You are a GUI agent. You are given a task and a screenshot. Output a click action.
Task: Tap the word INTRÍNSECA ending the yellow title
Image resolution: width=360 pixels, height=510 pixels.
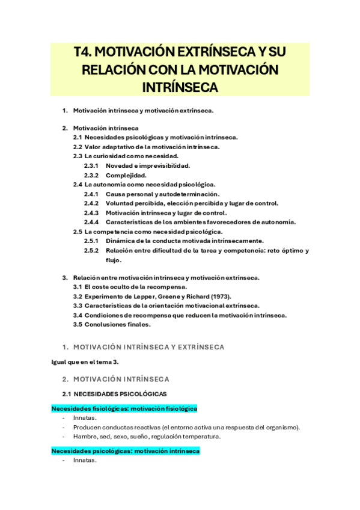[x=180, y=87]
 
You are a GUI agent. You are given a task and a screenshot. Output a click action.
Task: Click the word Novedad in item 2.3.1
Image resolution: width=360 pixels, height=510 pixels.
[x=118, y=165]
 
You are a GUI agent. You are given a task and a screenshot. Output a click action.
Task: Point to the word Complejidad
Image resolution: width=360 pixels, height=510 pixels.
[x=126, y=175]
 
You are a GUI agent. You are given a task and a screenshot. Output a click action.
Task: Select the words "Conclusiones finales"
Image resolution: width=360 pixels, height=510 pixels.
[x=117, y=325]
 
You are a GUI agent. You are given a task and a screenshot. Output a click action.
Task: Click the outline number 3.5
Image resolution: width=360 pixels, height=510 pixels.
[x=78, y=325]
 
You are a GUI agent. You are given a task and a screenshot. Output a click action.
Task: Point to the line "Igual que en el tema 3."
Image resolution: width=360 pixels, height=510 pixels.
[x=81, y=361]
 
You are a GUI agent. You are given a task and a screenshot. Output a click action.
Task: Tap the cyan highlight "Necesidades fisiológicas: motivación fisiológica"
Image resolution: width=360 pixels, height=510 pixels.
[x=124, y=408]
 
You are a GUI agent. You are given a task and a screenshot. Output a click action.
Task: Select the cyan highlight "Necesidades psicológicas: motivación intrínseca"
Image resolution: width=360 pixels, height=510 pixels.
[x=126, y=450]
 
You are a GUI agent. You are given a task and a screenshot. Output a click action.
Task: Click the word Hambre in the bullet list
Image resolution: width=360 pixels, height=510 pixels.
[x=85, y=437]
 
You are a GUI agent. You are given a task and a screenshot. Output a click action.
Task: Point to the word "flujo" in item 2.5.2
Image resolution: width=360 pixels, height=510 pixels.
[x=112, y=260]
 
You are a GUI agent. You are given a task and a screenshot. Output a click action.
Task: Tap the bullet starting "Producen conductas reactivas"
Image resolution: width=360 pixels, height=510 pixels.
[x=186, y=427]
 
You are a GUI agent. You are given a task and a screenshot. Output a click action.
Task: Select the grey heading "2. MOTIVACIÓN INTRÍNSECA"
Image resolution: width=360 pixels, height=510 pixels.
[x=121, y=379]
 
